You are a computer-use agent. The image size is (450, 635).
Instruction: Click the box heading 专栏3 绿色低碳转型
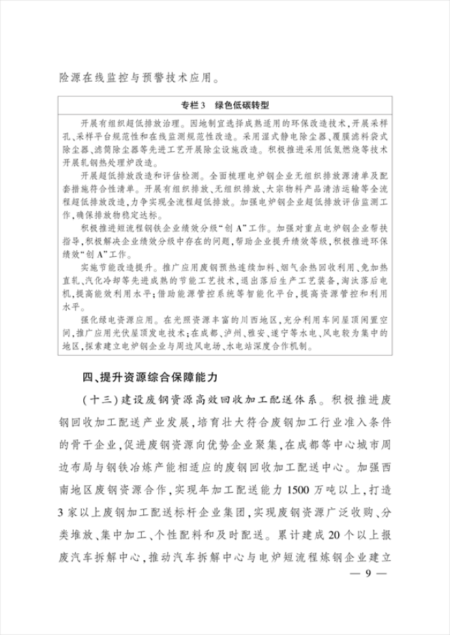coord(226,106)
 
